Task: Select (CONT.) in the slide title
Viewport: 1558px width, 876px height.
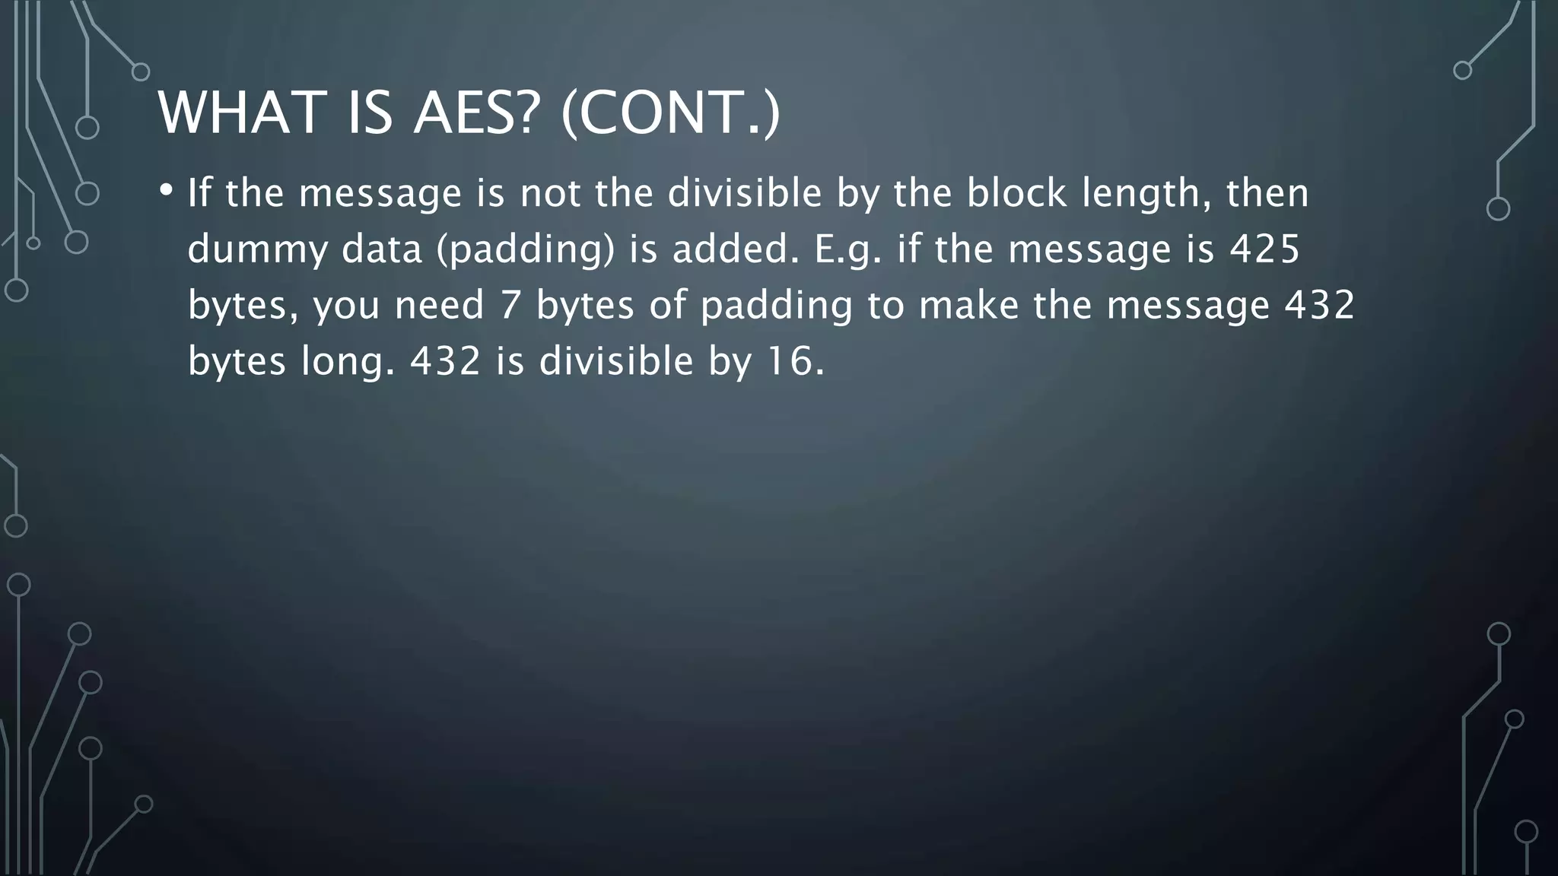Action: pos(670,113)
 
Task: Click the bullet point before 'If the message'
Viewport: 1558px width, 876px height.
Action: pos(166,189)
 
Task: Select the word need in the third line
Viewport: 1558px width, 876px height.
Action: pos(439,305)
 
